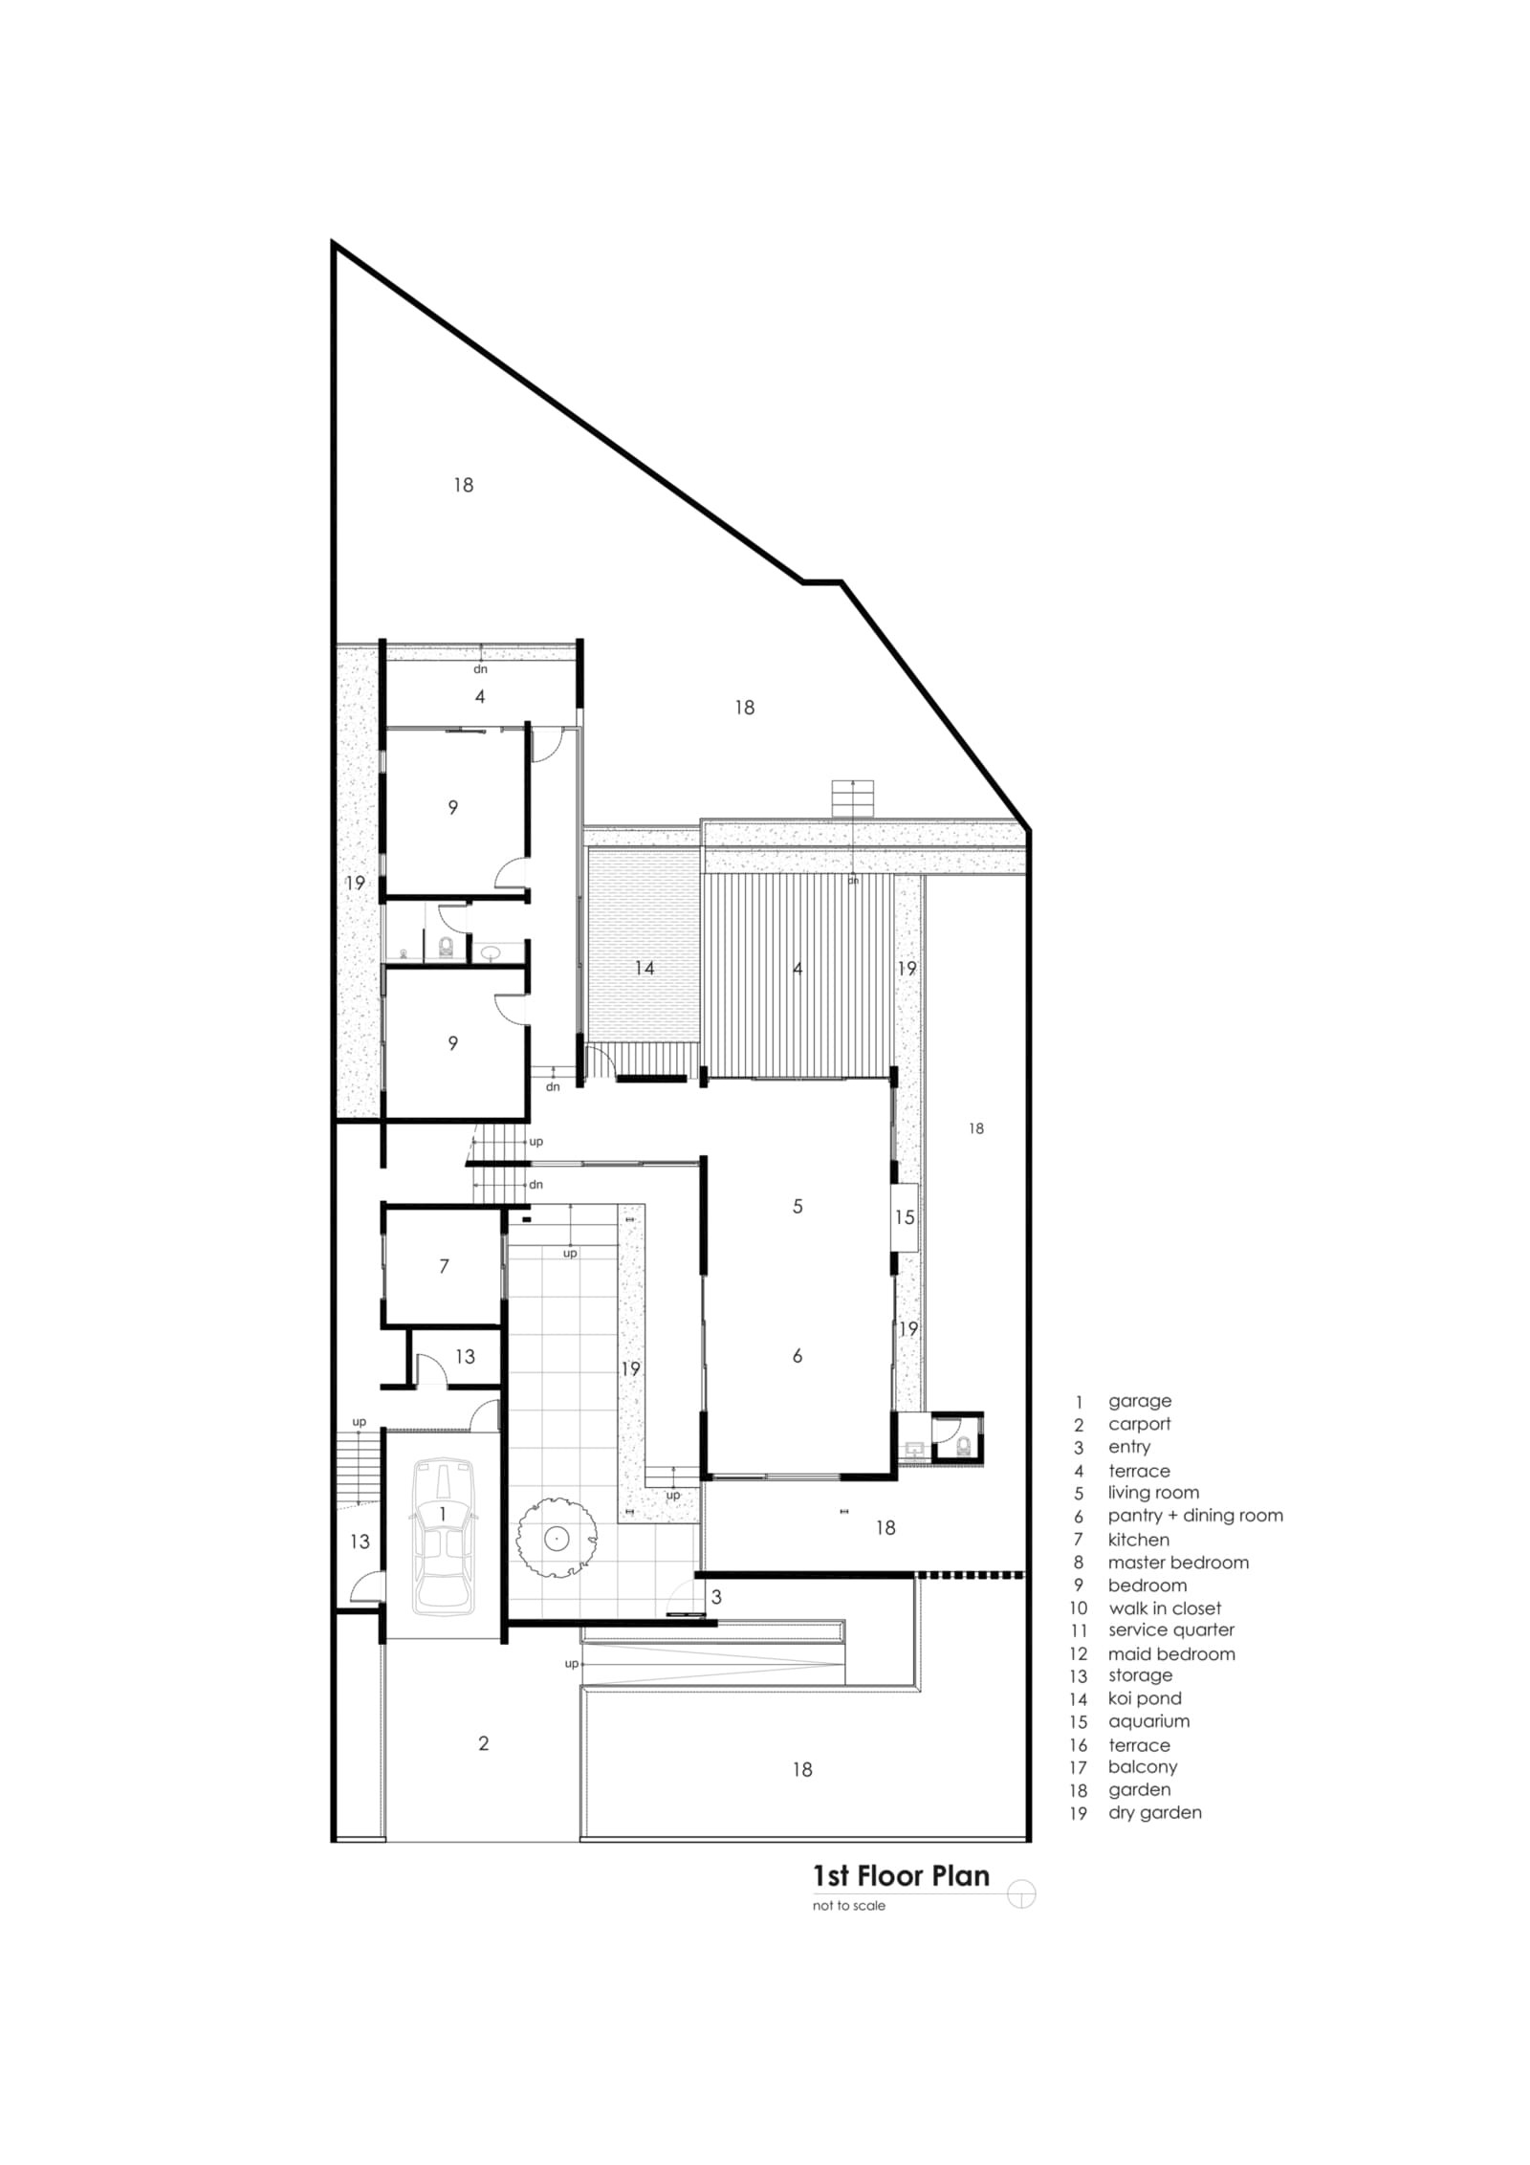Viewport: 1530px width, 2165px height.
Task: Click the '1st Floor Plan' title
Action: tap(901, 1875)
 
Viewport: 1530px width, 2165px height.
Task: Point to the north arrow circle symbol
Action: tap(1021, 1894)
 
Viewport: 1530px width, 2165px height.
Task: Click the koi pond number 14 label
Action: tap(645, 969)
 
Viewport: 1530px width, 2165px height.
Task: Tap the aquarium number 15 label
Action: tap(904, 1217)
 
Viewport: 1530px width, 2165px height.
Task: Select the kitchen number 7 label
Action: tap(444, 1266)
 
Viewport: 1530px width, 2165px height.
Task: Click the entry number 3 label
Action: tap(716, 1597)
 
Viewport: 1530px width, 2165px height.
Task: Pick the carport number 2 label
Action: tap(484, 1743)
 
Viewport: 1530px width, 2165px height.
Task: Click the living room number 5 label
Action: tap(798, 1207)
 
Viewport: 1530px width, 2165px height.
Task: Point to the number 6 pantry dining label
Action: tap(798, 1355)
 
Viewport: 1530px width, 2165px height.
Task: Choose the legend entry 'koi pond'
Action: tap(1145, 1698)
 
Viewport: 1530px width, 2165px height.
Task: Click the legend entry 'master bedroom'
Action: tap(1178, 1563)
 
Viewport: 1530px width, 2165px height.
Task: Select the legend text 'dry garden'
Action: tap(1154, 1812)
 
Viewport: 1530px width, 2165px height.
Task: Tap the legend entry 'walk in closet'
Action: tap(1165, 1608)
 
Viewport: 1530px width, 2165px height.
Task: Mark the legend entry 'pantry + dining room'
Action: tap(1195, 1516)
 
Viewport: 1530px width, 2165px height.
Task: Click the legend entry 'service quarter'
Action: tap(1171, 1630)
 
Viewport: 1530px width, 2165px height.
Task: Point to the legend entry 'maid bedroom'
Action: tap(1171, 1653)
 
